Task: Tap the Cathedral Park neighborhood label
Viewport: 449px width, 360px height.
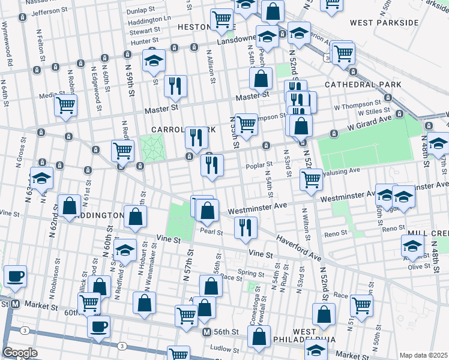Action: coord(363,85)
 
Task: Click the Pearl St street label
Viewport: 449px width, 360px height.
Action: coord(212,232)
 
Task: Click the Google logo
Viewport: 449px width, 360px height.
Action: coord(20,353)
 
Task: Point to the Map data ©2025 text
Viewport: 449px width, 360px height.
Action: coord(423,355)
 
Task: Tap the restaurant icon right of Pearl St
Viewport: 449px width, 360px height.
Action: coord(246,227)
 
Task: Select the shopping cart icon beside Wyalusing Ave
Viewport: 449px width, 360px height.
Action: coord(311,179)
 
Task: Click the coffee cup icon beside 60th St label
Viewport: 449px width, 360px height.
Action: coord(99,326)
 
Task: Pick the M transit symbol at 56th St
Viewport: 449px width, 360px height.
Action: coord(206,332)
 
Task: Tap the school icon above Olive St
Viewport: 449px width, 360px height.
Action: coord(413,245)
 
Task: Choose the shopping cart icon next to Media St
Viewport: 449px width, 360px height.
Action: coord(65,106)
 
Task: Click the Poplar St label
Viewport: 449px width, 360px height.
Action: coord(259,164)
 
